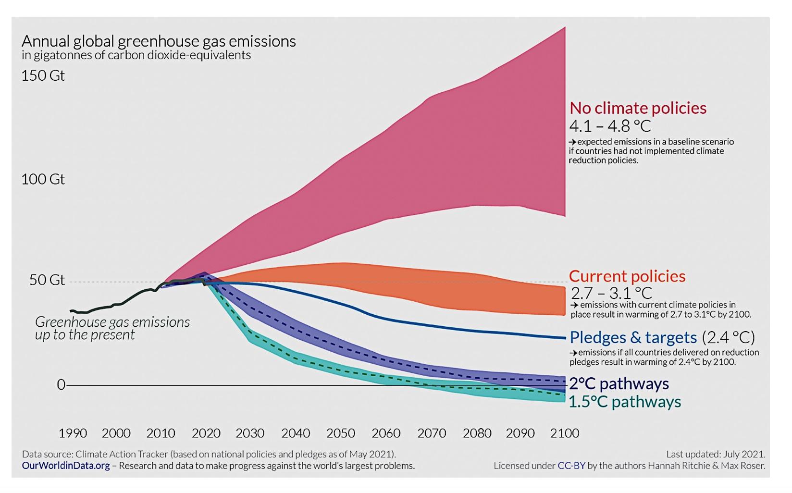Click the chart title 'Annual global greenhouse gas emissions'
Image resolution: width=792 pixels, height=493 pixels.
click(x=159, y=41)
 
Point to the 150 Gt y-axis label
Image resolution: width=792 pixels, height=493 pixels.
click(x=43, y=76)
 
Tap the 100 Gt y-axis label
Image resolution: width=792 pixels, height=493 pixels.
click(x=43, y=179)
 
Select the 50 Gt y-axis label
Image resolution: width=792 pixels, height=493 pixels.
click(x=47, y=280)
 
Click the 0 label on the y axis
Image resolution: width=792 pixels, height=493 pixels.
click(x=61, y=385)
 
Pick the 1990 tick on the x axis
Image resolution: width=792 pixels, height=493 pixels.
click(x=73, y=433)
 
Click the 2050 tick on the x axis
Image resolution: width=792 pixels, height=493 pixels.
click(x=340, y=433)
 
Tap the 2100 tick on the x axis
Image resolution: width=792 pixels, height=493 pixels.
click(x=564, y=433)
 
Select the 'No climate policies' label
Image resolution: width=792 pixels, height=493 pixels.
click(x=638, y=108)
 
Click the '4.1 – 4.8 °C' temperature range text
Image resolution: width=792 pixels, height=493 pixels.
click(x=610, y=126)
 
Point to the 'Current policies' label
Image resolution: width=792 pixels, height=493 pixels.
click(x=627, y=276)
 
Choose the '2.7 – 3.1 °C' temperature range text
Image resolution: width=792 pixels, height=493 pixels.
click(x=611, y=293)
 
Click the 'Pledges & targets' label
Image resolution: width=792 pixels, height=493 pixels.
click(x=633, y=337)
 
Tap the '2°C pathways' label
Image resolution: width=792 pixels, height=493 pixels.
click(x=619, y=384)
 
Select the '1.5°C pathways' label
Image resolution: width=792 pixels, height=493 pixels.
click(x=624, y=402)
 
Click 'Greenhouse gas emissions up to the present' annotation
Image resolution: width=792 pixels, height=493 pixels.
click(x=112, y=328)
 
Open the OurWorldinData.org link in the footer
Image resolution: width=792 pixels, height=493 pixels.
click(x=66, y=466)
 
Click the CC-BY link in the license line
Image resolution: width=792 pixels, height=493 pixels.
click(x=571, y=466)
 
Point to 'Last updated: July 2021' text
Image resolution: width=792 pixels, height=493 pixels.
click(x=715, y=454)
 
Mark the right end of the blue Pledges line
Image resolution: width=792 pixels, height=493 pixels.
click(x=565, y=338)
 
